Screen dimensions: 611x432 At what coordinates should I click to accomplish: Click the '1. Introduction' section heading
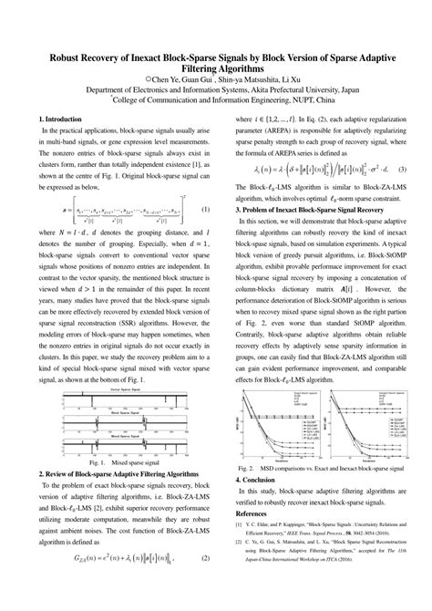pos(63,119)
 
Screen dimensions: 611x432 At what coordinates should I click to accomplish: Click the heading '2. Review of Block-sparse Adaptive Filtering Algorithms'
pos(122,473)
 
